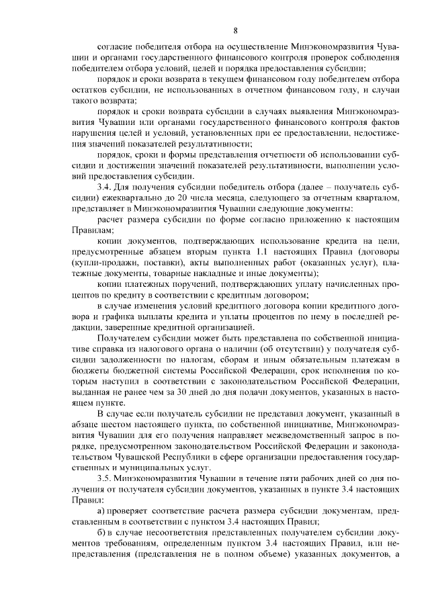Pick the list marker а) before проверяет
click(x=102, y=512)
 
